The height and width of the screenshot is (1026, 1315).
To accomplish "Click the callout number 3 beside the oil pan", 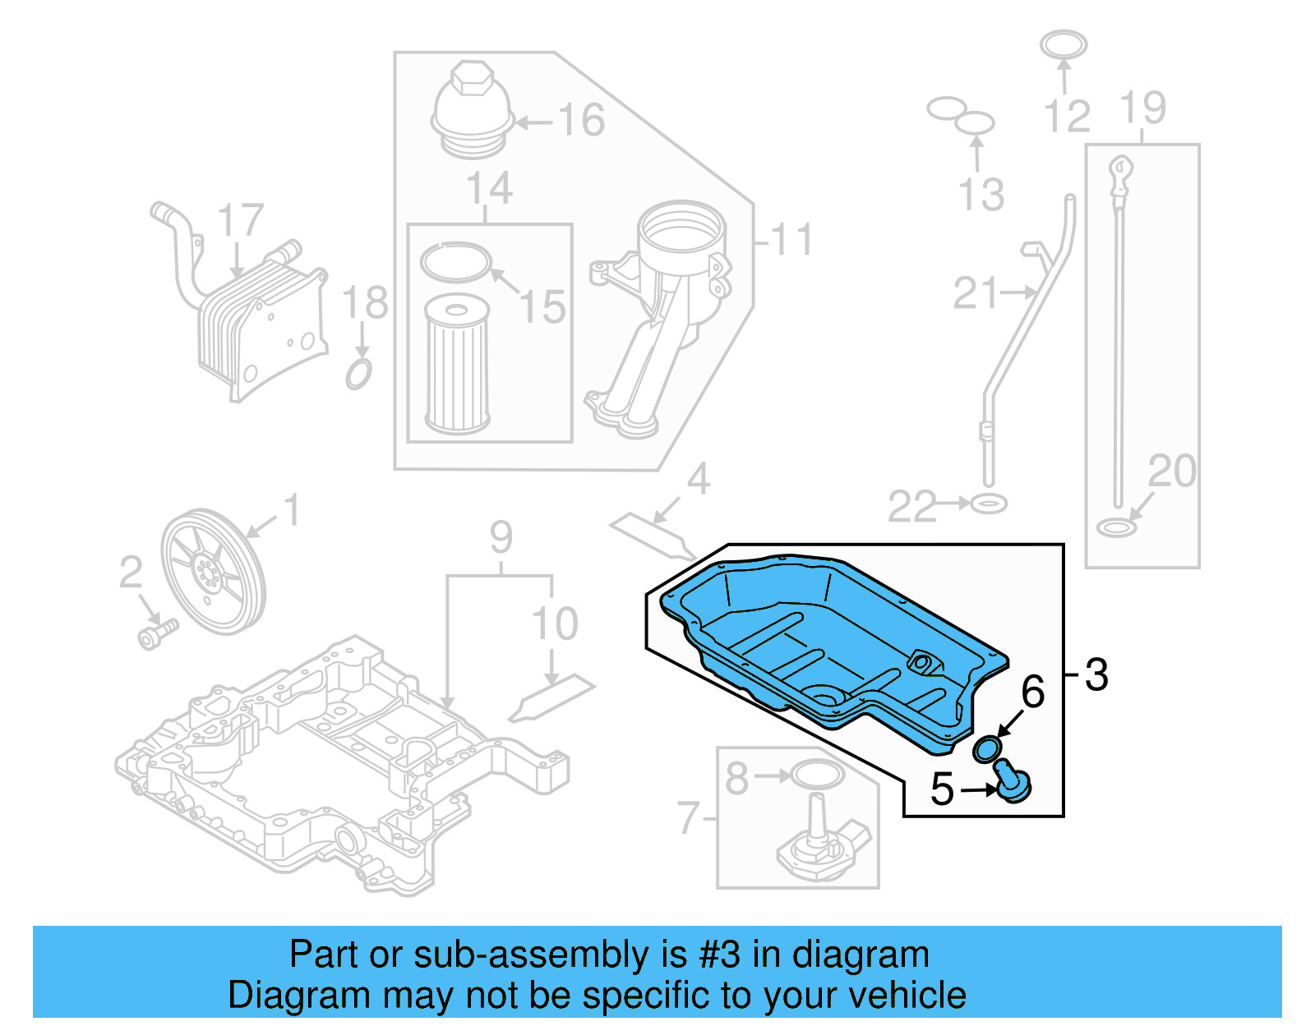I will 1096,675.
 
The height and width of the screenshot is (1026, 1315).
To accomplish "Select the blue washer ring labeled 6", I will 986,749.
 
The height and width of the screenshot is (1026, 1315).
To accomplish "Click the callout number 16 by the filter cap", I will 581,121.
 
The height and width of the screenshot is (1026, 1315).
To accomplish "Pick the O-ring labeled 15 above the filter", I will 454,262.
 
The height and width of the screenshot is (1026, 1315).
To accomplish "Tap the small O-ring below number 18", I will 358,374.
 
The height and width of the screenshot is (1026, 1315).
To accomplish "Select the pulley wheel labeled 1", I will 212,571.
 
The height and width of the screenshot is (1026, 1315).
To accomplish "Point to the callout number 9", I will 501,538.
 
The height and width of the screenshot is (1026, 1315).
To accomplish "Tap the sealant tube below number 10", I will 551,698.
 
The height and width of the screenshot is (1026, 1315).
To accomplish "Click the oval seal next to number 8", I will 816,775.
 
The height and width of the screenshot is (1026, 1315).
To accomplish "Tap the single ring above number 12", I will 1064,44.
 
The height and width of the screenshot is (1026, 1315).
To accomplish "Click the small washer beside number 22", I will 988,503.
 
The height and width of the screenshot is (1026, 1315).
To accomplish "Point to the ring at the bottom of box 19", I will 1116,527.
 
